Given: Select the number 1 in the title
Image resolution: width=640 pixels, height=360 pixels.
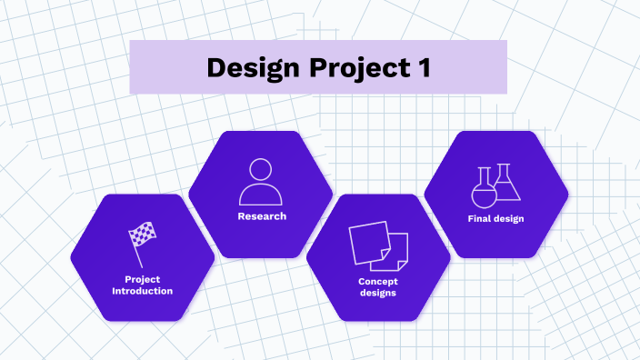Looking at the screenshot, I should click(x=423, y=67).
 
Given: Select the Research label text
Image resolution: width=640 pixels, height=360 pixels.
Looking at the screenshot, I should click(x=262, y=216).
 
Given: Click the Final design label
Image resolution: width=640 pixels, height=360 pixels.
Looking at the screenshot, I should click(x=496, y=219).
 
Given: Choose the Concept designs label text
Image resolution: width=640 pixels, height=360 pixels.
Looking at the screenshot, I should click(x=378, y=286).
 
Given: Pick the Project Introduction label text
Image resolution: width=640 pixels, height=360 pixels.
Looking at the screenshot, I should click(x=142, y=285).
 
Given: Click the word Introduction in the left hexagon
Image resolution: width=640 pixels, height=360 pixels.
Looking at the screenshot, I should click(x=142, y=291).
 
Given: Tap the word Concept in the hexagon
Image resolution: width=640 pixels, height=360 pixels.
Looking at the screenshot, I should click(x=378, y=281).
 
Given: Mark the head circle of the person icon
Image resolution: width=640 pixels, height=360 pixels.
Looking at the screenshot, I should click(x=261, y=169).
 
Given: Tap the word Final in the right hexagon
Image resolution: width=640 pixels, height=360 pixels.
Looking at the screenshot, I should click(x=480, y=219).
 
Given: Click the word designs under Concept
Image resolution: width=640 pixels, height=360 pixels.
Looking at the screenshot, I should click(x=378, y=293).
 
